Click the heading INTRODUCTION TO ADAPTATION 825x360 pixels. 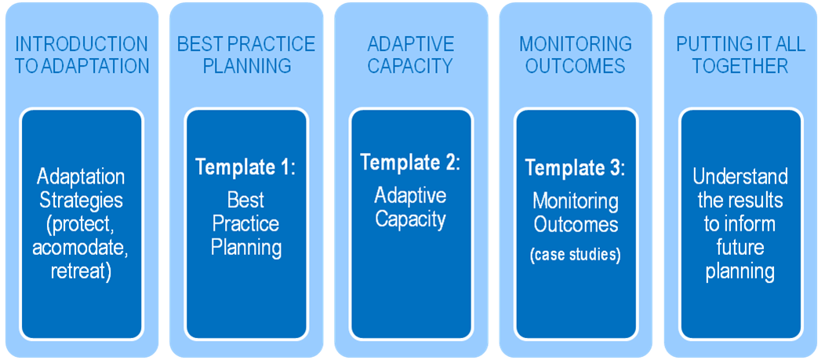(82, 55)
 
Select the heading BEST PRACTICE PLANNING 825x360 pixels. (246, 55)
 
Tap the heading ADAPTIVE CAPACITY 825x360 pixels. (410, 55)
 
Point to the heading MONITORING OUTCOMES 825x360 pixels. (576, 55)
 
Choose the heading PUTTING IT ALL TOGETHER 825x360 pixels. (740, 55)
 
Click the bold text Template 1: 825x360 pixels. (246, 167)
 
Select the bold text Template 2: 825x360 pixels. (410, 162)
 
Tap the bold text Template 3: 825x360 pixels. (576, 167)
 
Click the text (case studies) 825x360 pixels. (576, 255)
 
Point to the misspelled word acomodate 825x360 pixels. (81, 248)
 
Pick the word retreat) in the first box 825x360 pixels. (82, 272)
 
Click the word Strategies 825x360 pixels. (81, 201)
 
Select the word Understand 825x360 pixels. (740, 176)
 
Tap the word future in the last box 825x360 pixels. (740, 248)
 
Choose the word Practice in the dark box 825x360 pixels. (245, 224)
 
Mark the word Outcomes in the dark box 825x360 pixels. (576, 225)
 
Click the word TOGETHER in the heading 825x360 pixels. (740, 66)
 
